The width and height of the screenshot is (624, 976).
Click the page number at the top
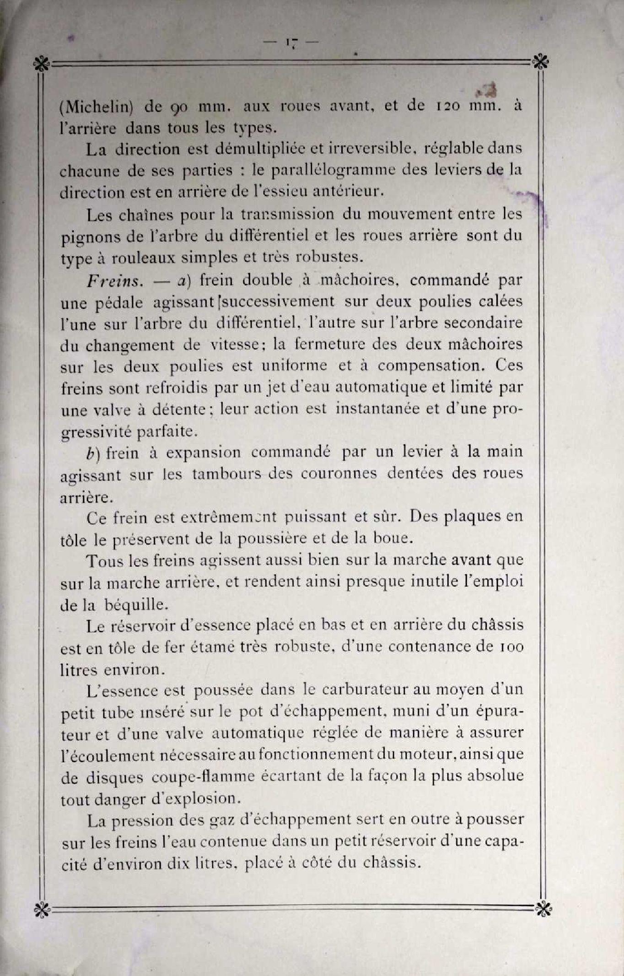290,43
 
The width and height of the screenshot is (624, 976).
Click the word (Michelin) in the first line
97,107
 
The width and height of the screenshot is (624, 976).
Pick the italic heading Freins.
113,280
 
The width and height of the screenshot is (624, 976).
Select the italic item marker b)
93,453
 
